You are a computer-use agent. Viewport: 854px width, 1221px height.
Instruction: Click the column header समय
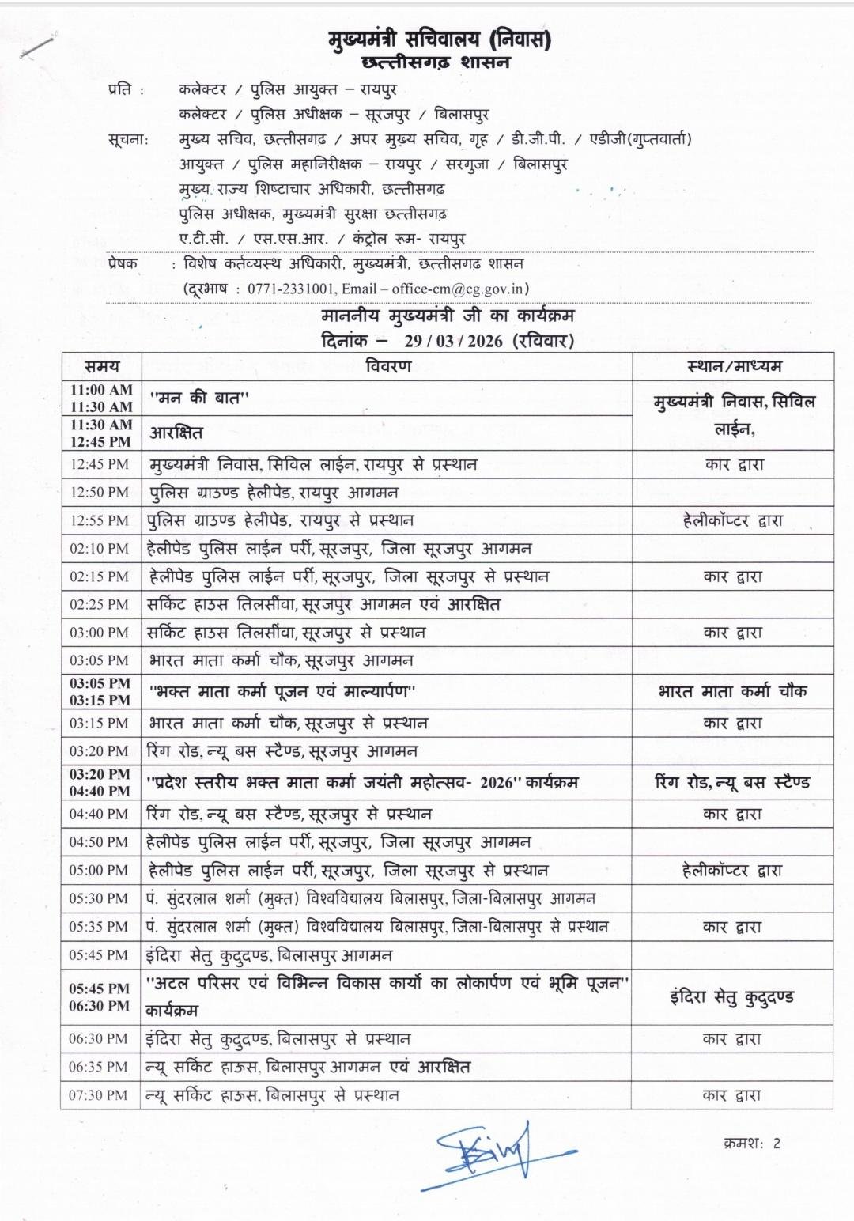pyautogui.click(x=102, y=366)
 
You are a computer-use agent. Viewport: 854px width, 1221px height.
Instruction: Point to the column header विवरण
pyautogui.click(x=388, y=366)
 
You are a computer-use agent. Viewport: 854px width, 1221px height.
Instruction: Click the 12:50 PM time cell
pyautogui.click(x=100, y=492)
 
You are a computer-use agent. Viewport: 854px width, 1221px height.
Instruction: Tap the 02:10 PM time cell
pyautogui.click(x=100, y=549)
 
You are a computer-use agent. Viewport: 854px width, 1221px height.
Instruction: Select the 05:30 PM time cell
pyautogui.click(x=99, y=898)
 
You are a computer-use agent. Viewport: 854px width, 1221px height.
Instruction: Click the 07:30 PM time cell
pyautogui.click(x=99, y=1095)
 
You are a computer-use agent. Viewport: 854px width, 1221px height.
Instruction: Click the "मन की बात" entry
pyautogui.click(x=199, y=399)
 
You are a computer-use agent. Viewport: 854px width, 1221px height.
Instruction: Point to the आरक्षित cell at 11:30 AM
pyautogui.click(x=176, y=433)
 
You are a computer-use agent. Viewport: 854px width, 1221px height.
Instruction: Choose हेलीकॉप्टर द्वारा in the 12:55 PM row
pyautogui.click(x=733, y=520)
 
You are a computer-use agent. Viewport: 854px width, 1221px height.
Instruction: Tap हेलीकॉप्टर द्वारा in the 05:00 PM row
pyautogui.click(x=732, y=871)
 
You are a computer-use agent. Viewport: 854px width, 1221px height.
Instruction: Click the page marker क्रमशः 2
pyautogui.click(x=751, y=1144)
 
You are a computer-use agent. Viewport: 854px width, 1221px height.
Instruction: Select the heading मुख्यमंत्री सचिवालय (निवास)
pyautogui.click(x=440, y=39)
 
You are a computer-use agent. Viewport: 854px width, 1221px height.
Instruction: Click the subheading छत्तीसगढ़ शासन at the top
pyautogui.click(x=436, y=62)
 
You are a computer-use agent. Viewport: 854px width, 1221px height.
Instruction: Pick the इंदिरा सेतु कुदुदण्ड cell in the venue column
pyautogui.click(x=731, y=997)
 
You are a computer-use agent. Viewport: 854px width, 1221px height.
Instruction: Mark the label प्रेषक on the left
pyautogui.click(x=123, y=263)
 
